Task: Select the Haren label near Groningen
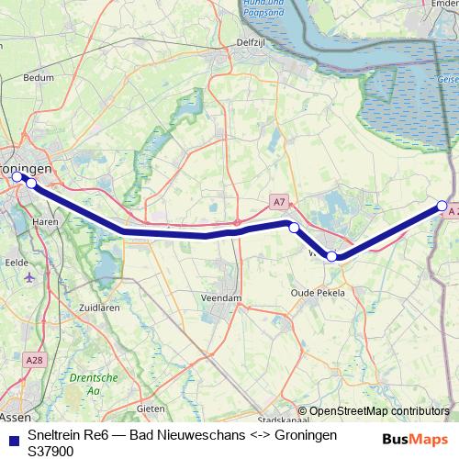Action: [45, 222]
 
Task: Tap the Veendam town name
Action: [222, 297]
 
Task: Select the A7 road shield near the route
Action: [279, 201]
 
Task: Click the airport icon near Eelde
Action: [33, 275]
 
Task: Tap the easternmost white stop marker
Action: [442, 206]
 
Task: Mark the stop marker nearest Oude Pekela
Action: [331, 257]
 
